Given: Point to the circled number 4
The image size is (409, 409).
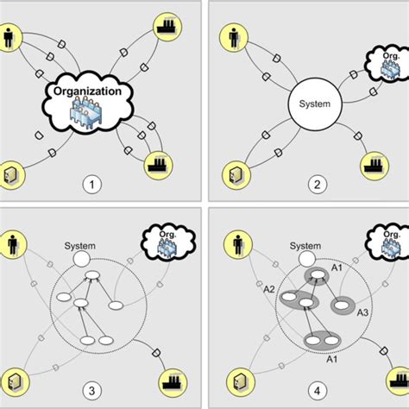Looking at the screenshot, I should click(x=306, y=387).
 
